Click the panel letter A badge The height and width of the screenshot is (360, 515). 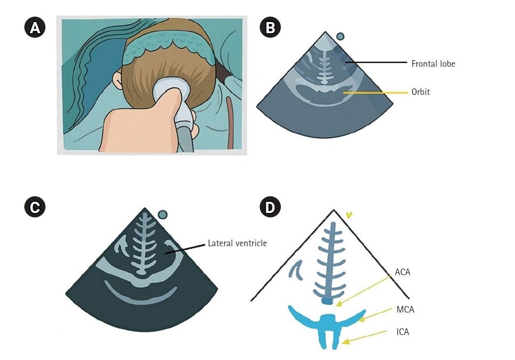point(35,28)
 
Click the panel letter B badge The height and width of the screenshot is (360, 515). point(270,28)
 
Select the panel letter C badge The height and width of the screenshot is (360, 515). point(35,207)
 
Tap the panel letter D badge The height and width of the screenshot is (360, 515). point(270,207)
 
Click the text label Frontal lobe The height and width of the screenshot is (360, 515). point(433,64)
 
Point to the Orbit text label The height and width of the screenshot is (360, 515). point(420,92)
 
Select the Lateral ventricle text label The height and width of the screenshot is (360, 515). point(237,243)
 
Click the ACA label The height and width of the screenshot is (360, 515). point(402,272)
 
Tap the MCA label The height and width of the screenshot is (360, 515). point(405,309)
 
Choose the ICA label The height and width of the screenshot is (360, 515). point(403,332)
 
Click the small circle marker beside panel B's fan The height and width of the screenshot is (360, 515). point(340,37)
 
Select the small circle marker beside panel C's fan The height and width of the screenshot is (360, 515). point(163,214)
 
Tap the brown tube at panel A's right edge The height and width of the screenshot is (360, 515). point(230,123)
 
